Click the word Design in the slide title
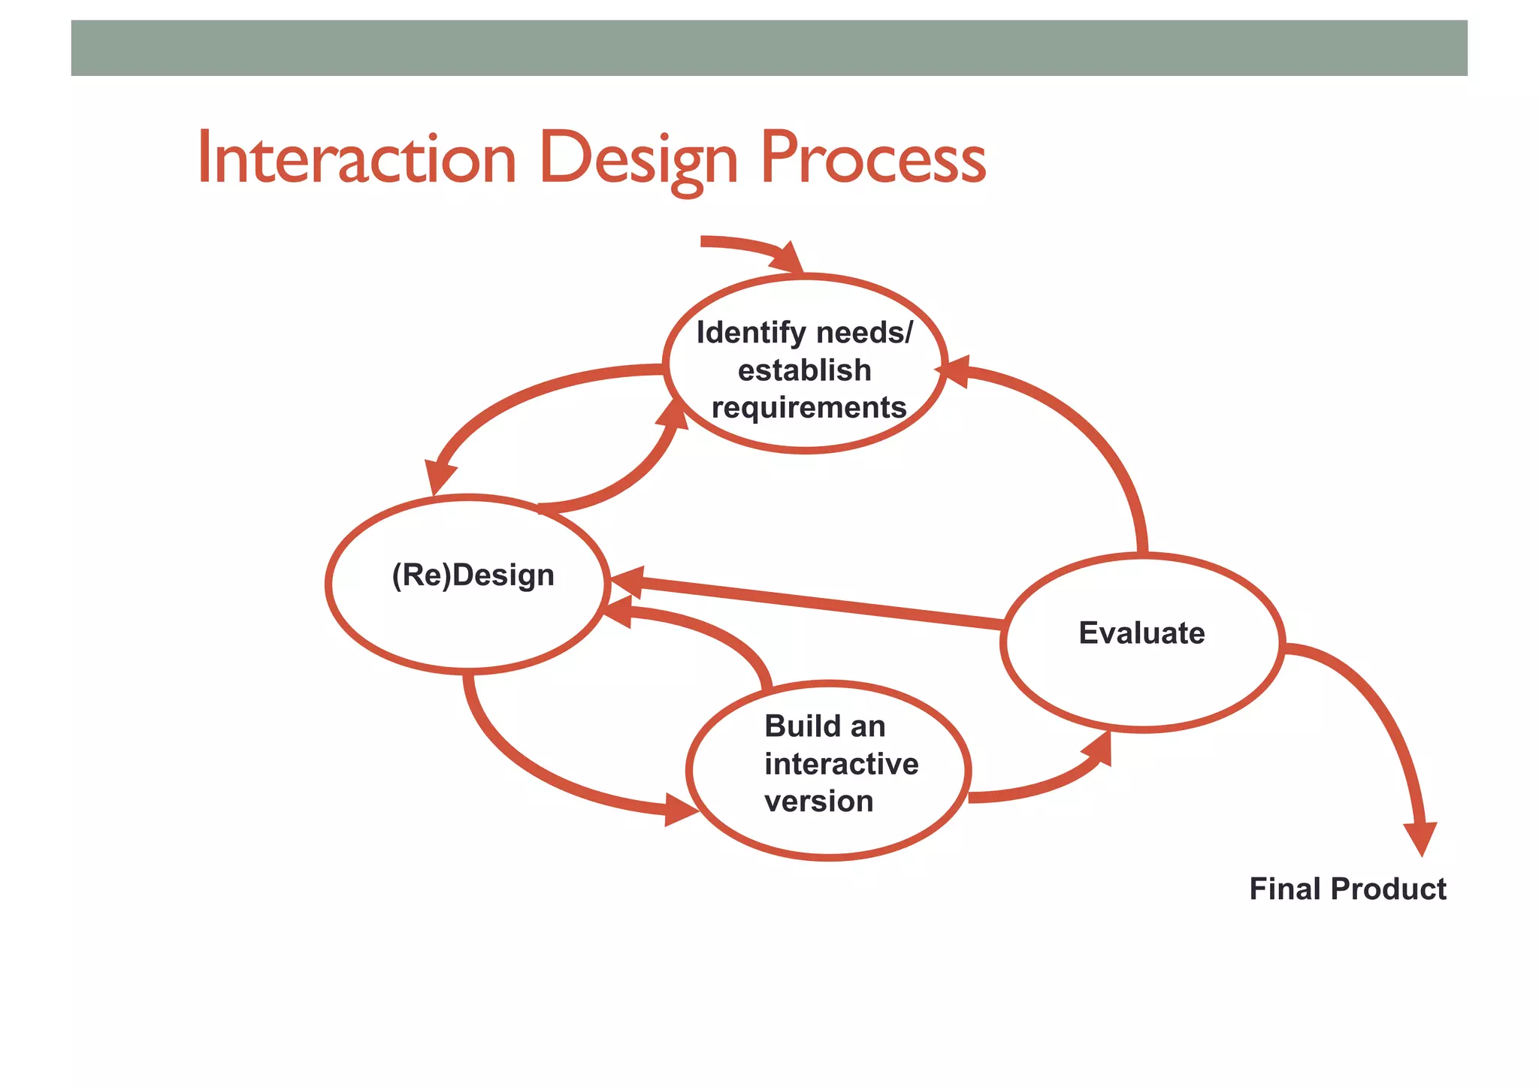[x=639, y=159]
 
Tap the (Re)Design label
[x=473, y=575]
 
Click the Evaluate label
[x=1141, y=633]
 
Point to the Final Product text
[x=1347, y=889]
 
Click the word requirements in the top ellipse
[x=809, y=408]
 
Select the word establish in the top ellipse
[x=804, y=370]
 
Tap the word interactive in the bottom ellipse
[x=841, y=764]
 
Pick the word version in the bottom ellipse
[x=818, y=802]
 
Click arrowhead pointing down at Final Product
[x=1420, y=838]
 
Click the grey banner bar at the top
[x=769, y=48]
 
